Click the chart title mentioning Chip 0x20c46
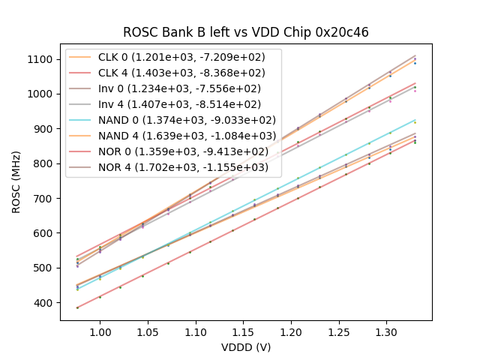246,32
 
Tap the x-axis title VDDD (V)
246,347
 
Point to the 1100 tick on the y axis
40,59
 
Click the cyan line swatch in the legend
81,120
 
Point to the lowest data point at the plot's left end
77,307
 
